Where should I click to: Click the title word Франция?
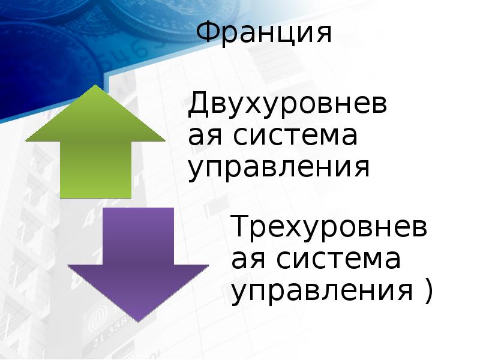[265, 34]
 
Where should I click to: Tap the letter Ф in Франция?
[209, 34]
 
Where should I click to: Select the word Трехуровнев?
[330, 228]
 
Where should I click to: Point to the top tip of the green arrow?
[95, 86]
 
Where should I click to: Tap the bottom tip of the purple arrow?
[139, 321]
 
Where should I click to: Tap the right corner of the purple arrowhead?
[208, 265]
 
